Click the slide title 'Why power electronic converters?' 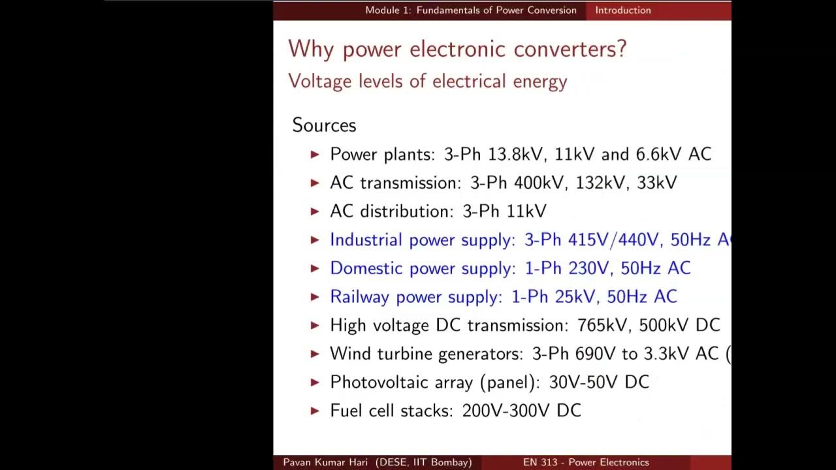click(x=457, y=49)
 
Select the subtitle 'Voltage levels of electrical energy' click(x=427, y=82)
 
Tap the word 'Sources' click(x=324, y=125)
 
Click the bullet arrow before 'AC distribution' click(x=315, y=211)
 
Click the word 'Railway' click(x=360, y=297)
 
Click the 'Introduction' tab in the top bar click(x=622, y=10)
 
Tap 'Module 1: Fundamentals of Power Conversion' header click(x=470, y=10)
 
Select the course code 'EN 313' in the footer click(x=540, y=462)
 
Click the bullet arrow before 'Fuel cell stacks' click(x=315, y=411)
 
